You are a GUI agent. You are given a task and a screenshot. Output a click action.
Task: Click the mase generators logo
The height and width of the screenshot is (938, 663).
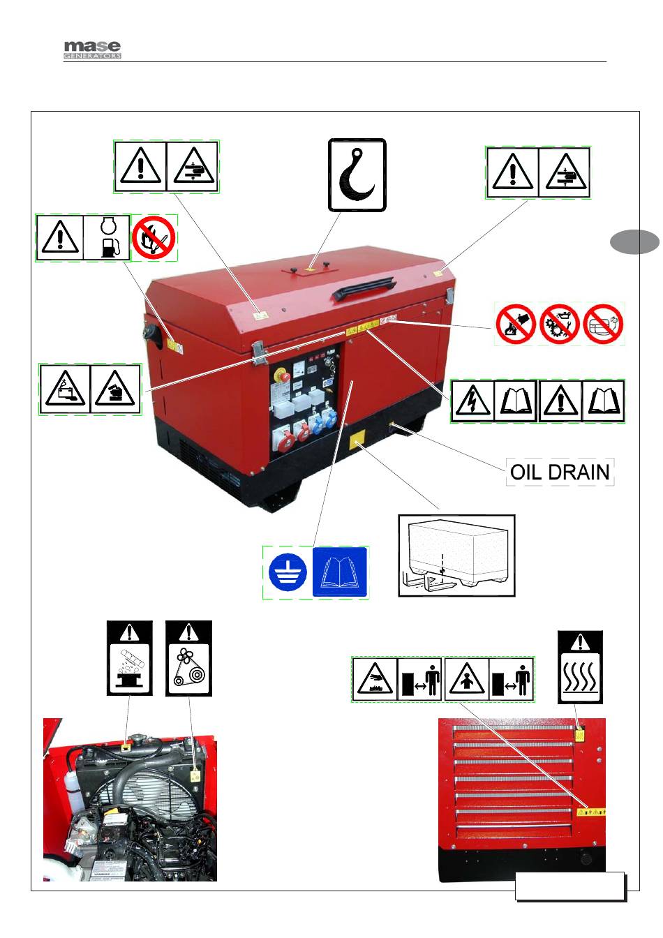point(92,50)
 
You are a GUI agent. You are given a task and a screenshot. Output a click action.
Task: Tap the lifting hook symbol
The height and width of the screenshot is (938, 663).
point(357,174)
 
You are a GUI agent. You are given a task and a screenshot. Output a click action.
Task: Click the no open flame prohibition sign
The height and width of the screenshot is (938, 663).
point(154,237)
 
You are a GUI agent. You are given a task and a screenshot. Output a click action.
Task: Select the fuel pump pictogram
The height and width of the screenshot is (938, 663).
point(107,237)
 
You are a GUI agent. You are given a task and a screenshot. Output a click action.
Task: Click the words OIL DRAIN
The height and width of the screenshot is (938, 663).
point(560,472)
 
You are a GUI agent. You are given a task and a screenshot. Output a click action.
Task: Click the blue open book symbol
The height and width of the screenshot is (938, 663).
point(340,573)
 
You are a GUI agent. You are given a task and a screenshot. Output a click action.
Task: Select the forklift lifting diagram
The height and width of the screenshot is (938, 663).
point(456,556)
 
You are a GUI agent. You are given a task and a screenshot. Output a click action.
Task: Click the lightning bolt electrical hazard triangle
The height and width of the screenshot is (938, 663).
point(472,401)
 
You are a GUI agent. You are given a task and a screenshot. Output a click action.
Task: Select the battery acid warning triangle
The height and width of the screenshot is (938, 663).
point(65,389)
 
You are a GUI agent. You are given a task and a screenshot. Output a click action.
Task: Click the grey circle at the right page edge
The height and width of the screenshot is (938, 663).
point(634,241)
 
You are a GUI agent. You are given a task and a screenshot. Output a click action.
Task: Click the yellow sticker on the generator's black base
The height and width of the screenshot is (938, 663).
point(357,442)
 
